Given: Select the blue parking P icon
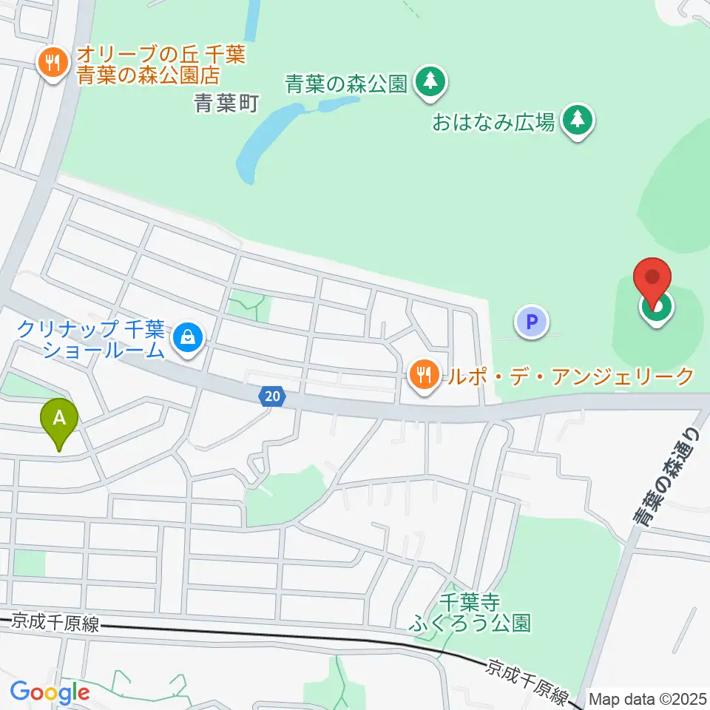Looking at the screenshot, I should pyautogui.click(x=531, y=322).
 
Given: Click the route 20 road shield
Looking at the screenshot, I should pyautogui.click(x=272, y=396).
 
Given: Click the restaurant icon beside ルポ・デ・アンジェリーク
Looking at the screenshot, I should pyautogui.click(x=423, y=374).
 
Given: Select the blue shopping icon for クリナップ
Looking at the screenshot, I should pyautogui.click(x=187, y=339).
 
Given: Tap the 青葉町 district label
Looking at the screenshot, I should pyautogui.click(x=226, y=104).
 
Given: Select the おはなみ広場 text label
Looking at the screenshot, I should pyautogui.click(x=493, y=121).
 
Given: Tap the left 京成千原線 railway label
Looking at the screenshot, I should pyautogui.click(x=55, y=623).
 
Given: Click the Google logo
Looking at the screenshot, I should pyautogui.click(x=50, y=693).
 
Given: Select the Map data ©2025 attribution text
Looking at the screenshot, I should pyautogui.click(x=648, y=698).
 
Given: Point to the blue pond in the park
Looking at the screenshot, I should pyautogui.click(x=266, y=141).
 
